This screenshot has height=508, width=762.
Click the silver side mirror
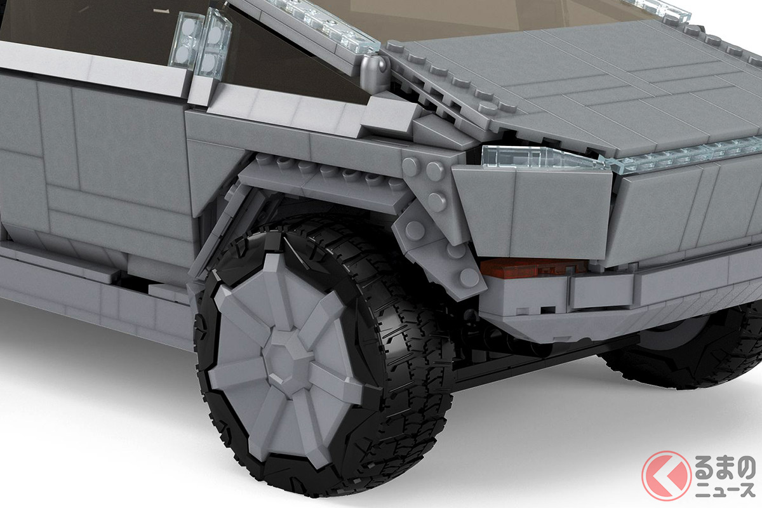click(374, 72)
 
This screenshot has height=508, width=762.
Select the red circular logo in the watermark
click(666, 476)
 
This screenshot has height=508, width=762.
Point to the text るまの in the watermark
click(725, 467)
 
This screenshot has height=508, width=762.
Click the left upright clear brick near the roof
click(185, 41)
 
